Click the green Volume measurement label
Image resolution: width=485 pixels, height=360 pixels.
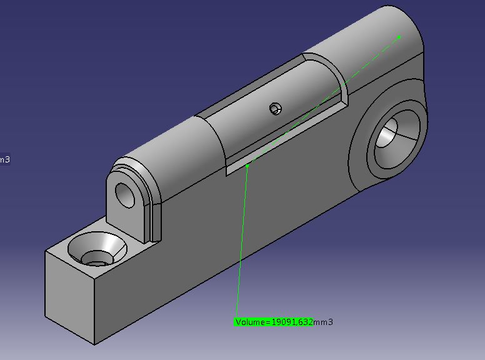point(284,322)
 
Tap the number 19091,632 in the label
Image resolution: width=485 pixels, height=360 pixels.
point(292,322)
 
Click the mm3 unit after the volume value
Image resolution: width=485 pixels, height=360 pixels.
point(323,322)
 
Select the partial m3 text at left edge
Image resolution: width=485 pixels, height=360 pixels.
point(5,159)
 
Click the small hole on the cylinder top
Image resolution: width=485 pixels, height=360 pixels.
point(275,109)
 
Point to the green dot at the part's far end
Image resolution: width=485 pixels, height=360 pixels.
point(399,37)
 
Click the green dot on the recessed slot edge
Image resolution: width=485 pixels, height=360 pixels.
point(247,166)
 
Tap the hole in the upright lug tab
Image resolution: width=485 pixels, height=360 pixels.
point(125,195)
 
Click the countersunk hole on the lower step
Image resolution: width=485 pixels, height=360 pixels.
point(97,249)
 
